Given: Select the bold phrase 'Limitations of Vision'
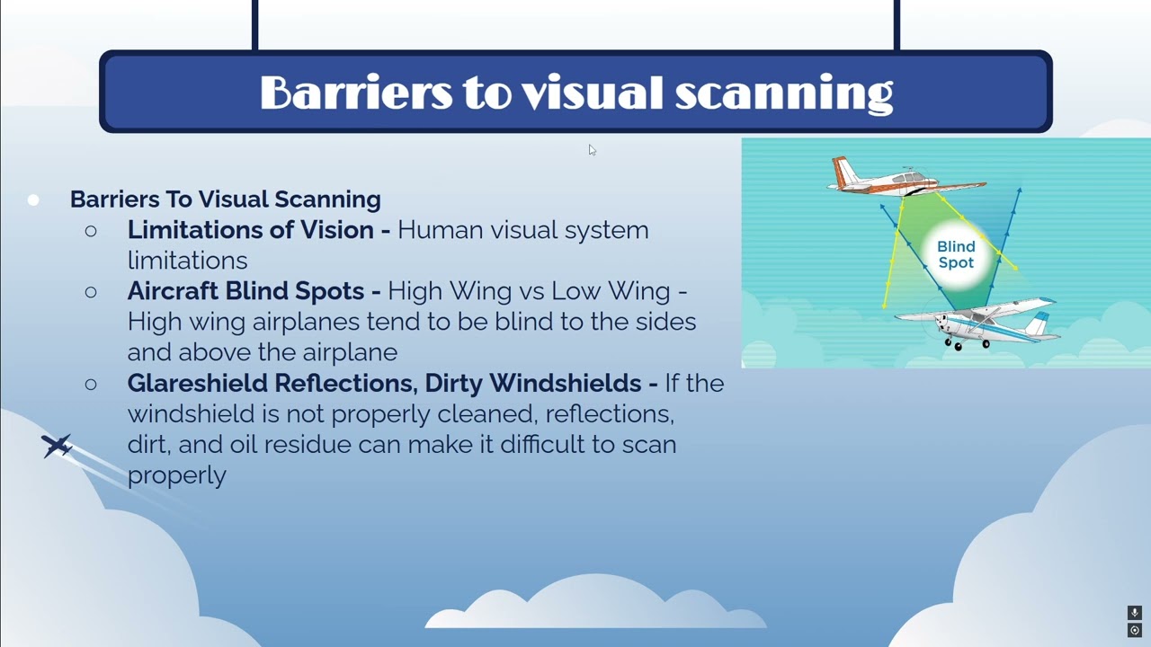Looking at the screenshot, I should pos(251,230).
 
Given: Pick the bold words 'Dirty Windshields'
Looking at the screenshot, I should pos(532,384).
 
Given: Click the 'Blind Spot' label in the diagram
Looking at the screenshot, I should pos(955,254).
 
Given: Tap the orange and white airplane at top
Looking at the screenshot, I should pos(904,179).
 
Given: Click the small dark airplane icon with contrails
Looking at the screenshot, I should pos(57,445).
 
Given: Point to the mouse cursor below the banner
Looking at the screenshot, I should pos(592,150).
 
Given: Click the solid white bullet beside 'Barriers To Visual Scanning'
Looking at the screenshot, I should pos(33,199).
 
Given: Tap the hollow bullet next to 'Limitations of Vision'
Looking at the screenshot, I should pos(91,231).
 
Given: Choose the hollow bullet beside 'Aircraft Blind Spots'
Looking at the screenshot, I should pos(91,292).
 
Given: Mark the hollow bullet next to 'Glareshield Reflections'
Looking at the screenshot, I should pos(91,385).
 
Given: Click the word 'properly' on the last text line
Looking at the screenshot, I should pos(176,475).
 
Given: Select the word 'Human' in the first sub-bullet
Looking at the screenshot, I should pos(433,230).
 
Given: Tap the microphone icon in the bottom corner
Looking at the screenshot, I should pos(1135,613).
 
